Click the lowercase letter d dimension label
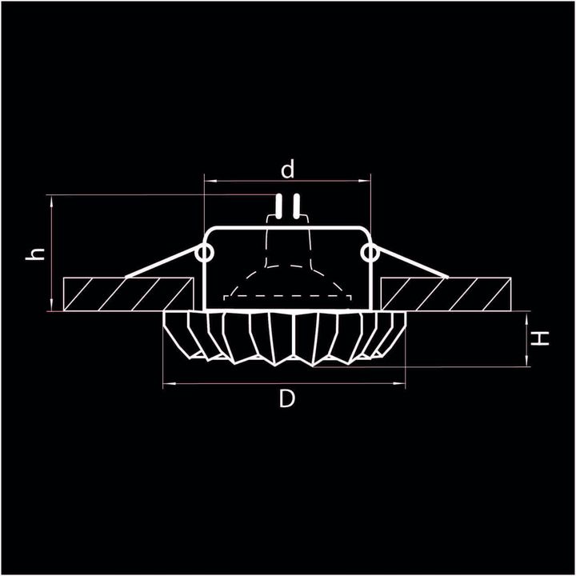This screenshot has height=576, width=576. click(288, 170)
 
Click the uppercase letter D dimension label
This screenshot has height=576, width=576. click(287, 399)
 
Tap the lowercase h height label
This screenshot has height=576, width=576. click(34, 254)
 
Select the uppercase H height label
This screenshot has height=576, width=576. click(542, 338)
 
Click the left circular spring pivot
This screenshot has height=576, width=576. click(204, 254)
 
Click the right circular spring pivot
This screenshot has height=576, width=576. click(369, 254)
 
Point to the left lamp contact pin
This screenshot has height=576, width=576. click(278, 206)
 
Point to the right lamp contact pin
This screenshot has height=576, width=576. click(296, 206)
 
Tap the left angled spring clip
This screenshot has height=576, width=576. click(160, 265)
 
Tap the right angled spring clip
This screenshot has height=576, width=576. click(412, 265)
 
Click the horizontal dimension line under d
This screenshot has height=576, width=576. click(288, 181)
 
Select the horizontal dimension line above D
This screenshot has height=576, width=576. click(286, 384)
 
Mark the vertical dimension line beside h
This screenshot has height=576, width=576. click(50, 252)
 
